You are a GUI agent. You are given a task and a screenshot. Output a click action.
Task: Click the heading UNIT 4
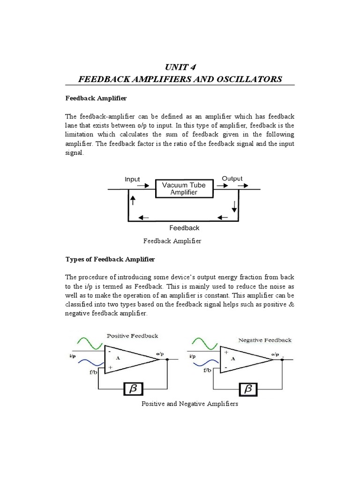pos(180,66)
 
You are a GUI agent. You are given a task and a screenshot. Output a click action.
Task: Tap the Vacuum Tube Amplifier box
pos(184,188)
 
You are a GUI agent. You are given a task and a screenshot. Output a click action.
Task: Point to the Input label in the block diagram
pos(132,179)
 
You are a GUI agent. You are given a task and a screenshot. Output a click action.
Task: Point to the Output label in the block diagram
pos(232,179)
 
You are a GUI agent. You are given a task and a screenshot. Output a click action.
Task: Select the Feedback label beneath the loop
pos(184,228)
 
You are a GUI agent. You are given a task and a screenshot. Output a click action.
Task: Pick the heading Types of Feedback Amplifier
pos(110,259)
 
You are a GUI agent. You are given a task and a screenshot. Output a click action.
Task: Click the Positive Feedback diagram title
pos(133,336)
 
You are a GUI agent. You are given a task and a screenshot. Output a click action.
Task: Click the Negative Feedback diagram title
pos(265,340)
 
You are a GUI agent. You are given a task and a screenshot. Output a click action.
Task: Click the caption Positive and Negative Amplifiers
pos(190,404)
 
